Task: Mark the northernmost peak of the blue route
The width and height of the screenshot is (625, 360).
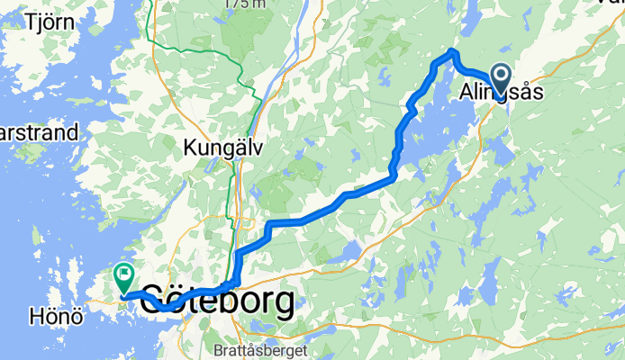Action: point(451,50)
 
